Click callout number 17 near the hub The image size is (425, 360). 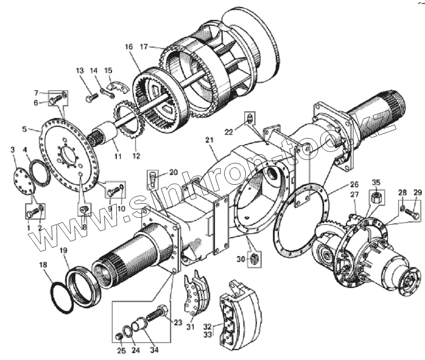[x=145, y=47]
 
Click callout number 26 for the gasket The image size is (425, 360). [x=354, y=184]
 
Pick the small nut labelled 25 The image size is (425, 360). [x=120, y=338]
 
